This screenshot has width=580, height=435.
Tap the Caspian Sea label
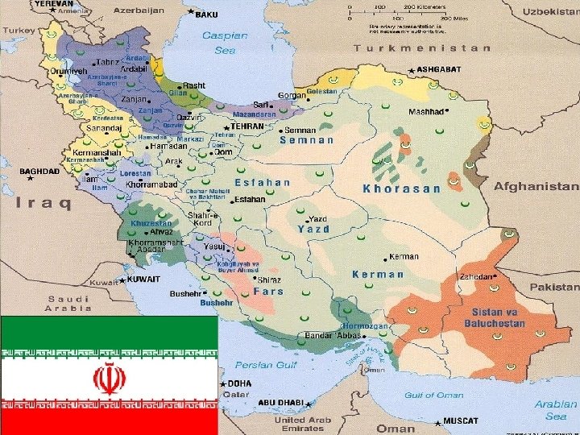point(219,43)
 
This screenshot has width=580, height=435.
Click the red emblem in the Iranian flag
point(109,377)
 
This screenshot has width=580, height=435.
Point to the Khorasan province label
point(402,188)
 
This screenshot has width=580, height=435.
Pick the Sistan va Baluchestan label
point(494,317)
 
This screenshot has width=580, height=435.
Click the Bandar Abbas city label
point(331,335)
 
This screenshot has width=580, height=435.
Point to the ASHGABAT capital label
point(440,70)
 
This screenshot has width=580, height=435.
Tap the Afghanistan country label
point(536,186)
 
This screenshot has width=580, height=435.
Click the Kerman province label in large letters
point(378,274)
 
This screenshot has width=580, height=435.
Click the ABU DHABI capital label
point(280,402)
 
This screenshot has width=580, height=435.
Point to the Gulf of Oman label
point(433,395)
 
